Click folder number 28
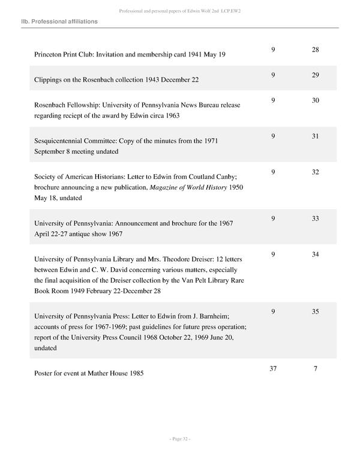(316, 49)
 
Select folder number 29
(316, 74)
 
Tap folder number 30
(316, 100)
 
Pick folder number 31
(316, 136)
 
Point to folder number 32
(316, 172)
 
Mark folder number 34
(316, 254)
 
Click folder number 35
(316, 311)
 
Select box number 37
(273, 368)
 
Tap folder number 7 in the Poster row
(316, 368)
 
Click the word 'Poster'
(45, 373)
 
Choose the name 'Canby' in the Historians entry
(229, 177)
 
